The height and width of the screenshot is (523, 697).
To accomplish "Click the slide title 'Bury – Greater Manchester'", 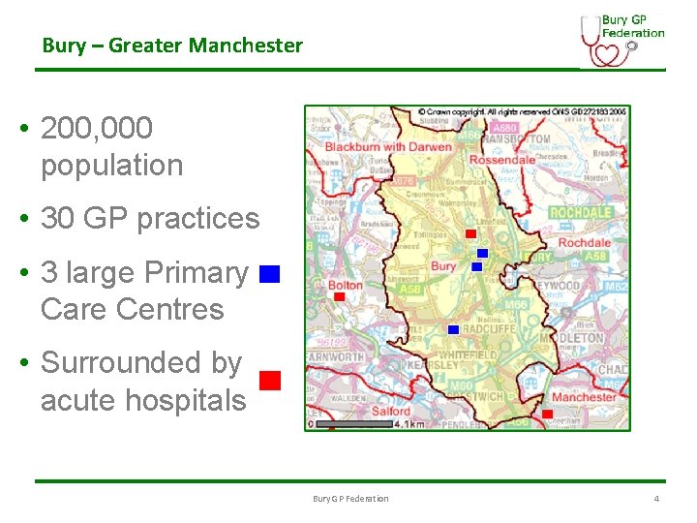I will [172, 46].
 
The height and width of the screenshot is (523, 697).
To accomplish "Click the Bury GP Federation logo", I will [622, 40].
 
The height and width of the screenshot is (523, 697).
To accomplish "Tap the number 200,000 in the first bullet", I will [97, 128].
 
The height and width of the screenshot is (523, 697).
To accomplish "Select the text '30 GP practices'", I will [150, 219].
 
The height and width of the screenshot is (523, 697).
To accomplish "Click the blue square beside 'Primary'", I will [269, 274].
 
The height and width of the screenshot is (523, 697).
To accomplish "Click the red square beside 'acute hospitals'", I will [270, 380].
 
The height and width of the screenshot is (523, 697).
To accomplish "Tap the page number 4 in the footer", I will [656, 499].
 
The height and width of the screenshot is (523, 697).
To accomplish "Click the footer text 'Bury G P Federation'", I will [350, 499].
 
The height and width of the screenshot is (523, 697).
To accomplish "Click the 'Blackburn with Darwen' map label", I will [388, 147].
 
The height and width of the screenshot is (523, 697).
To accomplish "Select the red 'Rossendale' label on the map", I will [501, 160].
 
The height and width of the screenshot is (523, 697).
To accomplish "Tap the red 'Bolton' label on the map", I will [346, 286].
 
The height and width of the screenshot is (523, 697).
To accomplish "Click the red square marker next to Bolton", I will [339, 297].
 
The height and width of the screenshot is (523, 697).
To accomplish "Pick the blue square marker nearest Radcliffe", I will [453, 329].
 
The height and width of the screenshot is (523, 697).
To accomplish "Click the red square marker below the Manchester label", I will [547, 414].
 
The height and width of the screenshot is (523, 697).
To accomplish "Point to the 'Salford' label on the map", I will [392, 411].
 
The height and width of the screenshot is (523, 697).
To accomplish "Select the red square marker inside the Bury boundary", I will [470, 233].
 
